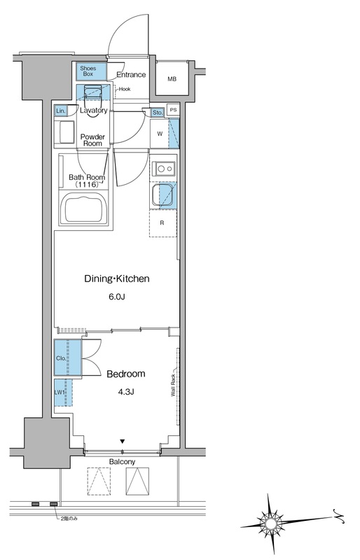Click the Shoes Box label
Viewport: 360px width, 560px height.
click(x=88, y=71)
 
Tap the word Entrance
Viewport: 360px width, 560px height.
click(x=131, y=75)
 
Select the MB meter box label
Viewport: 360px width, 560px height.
click(x=172, y=79)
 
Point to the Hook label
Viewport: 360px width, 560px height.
click(x=125, y=90)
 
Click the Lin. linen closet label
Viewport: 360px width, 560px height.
click(x=61, y=111)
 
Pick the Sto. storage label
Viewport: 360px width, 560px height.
click(x=158, y=113)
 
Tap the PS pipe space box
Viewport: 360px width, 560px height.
click(x=174, y=110)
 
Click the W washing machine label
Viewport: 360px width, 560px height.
click(x=160, y=134)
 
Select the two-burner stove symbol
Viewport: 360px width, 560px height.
click(x=164, y=168)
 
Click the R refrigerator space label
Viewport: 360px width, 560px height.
click(x=162, y=223)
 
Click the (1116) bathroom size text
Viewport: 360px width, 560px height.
click(x=87, y=184)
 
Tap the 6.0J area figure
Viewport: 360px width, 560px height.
click(x=116, y=296)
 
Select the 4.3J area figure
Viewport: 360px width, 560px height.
click(x=126, y=392)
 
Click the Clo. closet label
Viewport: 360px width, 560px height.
click(x=61, y=358)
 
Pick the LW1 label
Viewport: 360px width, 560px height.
click(x=60, y=392)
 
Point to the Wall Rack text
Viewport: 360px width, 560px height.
click(x=173, y=385)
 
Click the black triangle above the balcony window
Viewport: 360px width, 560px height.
click(x=123, y=442)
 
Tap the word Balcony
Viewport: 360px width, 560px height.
click(x=123, y=462)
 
